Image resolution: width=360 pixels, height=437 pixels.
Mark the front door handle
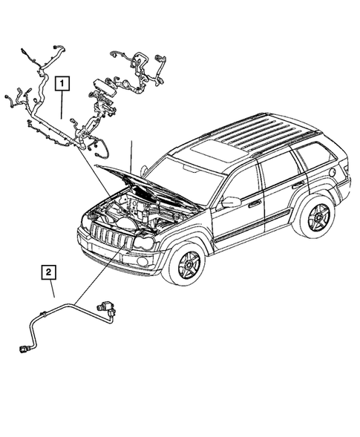(254, 203)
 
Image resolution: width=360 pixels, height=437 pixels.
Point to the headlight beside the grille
(144, 243)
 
